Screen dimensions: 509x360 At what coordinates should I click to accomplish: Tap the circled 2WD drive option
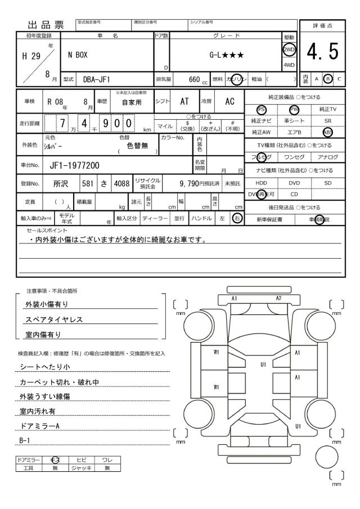click(x=290, y=48)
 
